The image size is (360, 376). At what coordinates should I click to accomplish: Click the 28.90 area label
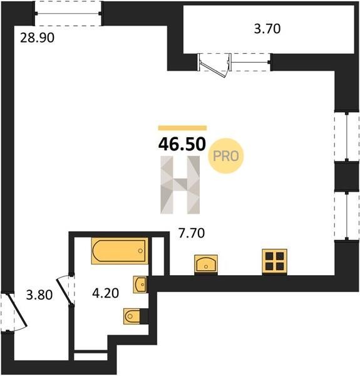[37, 38]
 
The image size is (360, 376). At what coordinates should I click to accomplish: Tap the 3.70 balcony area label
[267, 29]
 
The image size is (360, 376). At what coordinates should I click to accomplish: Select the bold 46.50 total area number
[182, 144]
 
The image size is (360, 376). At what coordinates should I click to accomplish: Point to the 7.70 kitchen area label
[192, 233]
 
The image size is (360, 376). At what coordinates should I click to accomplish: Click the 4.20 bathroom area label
[106, 293]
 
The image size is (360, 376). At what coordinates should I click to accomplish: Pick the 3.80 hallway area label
[39, 295]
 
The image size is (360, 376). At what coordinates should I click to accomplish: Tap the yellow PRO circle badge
[225, 156]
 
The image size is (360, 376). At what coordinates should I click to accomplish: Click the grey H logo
[180, 185]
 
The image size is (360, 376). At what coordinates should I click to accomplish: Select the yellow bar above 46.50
[182, 128]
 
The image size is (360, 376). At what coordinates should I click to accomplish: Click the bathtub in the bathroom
[120, 251]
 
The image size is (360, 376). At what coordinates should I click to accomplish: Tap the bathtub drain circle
[140, 251]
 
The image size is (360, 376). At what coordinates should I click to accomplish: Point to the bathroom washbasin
[140, 285]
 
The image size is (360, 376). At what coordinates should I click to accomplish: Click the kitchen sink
[206, 264]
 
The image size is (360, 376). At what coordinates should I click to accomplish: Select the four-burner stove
[274, 261]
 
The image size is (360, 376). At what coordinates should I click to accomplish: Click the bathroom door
[64, 291]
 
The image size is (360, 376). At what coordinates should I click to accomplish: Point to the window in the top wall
[68, 13]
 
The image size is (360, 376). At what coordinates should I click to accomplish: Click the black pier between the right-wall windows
[347, 177]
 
